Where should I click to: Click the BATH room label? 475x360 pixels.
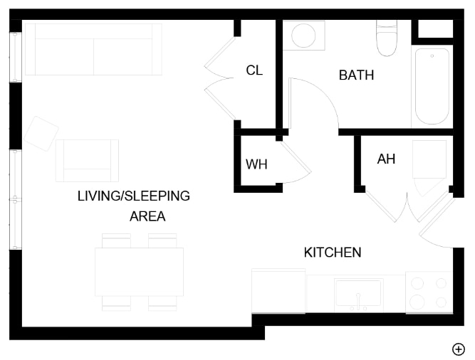coord(356,75)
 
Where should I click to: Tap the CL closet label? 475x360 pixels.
coord(254,70)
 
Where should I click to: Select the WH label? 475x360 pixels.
coord(256,164)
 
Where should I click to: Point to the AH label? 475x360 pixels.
coord(386,159)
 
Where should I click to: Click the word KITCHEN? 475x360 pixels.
coord(333,253)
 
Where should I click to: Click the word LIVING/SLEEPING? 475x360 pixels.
coord(134,196)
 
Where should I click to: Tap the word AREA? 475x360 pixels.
coord(147,216)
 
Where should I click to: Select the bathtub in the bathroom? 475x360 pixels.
coord(432,86)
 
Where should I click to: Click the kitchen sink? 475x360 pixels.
coord(358,293)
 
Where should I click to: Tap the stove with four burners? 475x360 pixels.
coord(429,292)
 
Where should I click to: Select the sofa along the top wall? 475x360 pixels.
coord(93,49)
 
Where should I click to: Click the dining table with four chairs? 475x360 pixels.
coord(140,272)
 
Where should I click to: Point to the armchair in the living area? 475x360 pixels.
coord(87,160)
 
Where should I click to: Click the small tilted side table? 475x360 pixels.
coord(41,134)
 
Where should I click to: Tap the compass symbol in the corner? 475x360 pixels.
coord(459,349)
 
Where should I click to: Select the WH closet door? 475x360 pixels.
coord(297,162)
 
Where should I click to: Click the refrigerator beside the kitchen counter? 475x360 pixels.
coord(278,290)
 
